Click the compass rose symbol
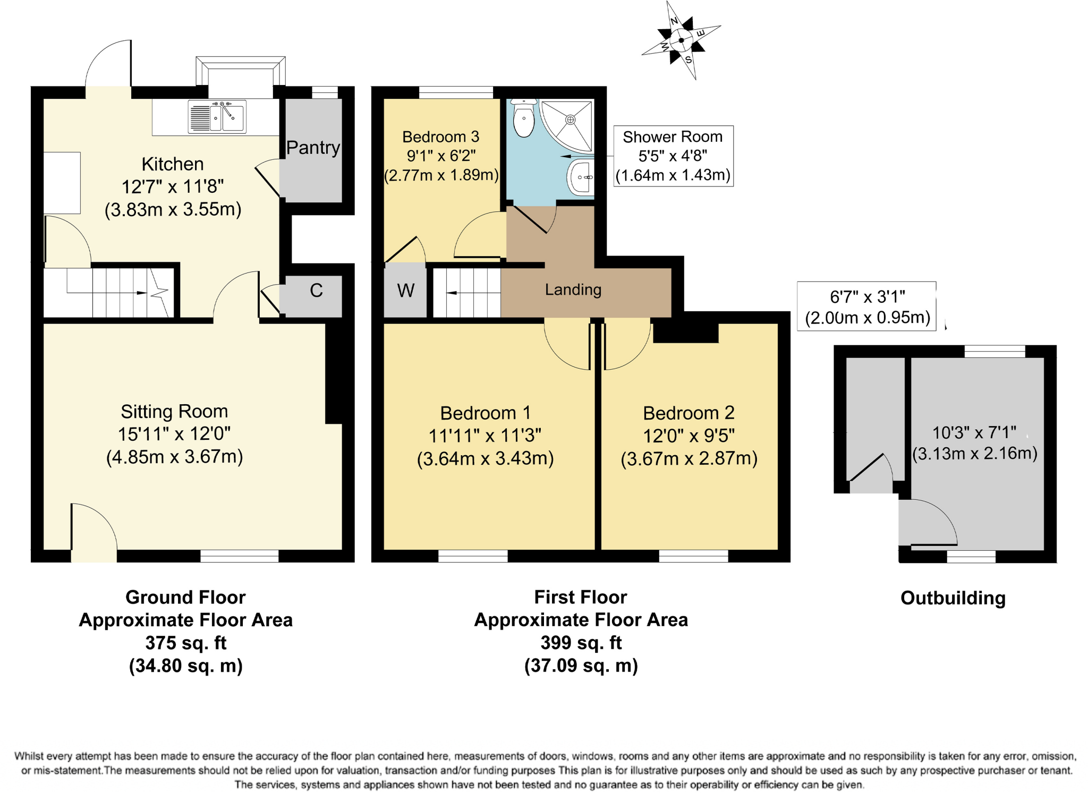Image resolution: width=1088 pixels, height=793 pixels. [x=681, y=40]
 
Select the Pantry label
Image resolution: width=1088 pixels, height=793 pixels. [x=313, y=147]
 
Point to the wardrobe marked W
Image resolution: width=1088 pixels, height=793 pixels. [x=405, y=291]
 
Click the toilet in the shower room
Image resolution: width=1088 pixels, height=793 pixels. [x=524, y=119]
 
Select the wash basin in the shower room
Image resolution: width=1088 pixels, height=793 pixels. [x=581, y=177]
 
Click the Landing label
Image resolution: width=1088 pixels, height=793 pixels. [x=573, y=289]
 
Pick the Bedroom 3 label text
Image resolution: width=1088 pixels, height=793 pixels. [x=440, y=137]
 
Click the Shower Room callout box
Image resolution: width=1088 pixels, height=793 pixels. [x=673, y=156]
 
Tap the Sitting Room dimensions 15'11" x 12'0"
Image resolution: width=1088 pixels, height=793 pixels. [x=174, y=434]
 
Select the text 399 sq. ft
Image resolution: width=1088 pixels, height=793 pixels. [x=581, y=643]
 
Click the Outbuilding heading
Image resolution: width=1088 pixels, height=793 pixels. [x=953, y=598]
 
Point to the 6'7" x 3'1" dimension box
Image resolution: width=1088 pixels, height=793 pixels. [x=866, y=306]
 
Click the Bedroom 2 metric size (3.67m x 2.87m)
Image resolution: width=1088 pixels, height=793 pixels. [x=689, y=458]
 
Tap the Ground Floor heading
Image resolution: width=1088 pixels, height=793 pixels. [x=185, y=597]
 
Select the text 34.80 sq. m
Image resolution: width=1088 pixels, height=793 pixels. [x=185, y=666]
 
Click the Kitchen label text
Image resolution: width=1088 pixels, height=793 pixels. [x=173, y=164]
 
